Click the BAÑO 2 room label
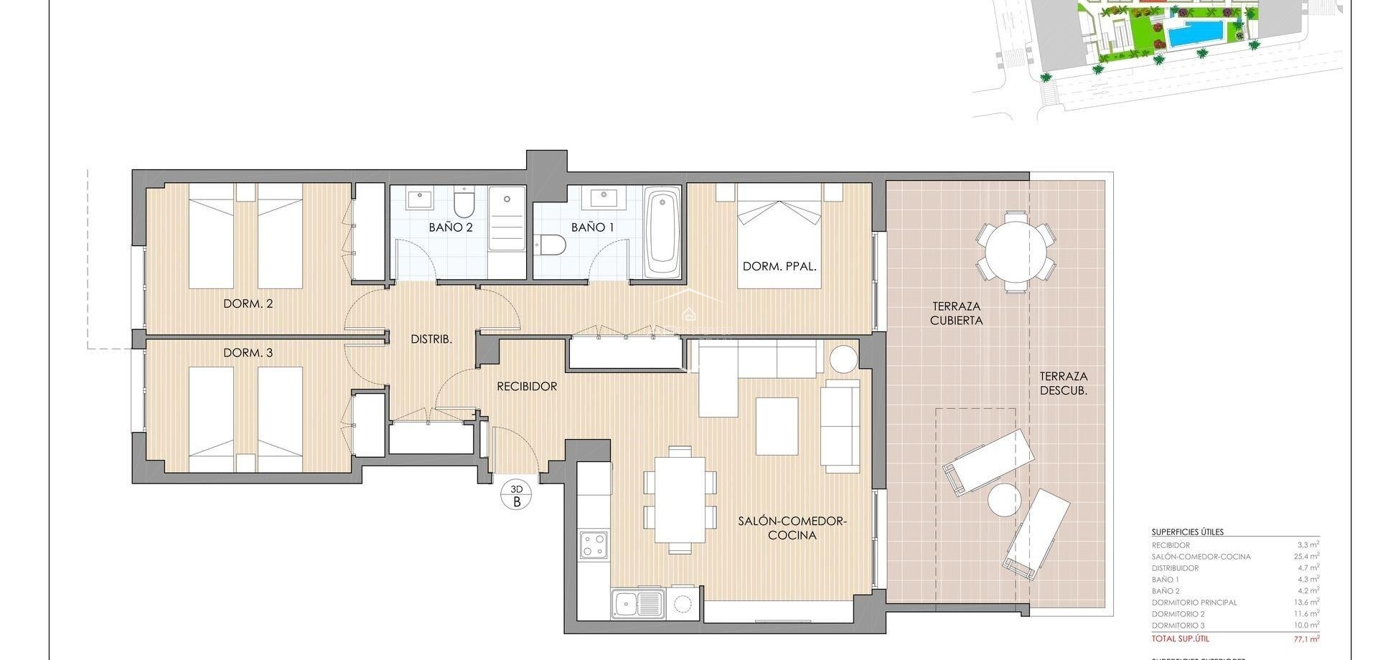click(x=451, y=227)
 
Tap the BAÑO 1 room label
click(x=593, y=227)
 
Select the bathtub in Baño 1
click(x=662, y=232)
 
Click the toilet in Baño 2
click(x=465, y=203)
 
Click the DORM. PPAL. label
click(x=779, y=266)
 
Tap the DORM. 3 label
click(x=248, y=353)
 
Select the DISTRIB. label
click(x=431, y=339)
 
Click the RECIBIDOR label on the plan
click(x=527, y=387)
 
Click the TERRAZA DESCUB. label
click(x=1064, y=383)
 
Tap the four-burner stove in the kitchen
click(x=594, y=544)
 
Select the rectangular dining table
click(x=680, y=499)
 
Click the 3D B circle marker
click(x=516, y=495)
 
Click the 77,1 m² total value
click(x=1306, y=638)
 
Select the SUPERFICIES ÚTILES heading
click(x=1187, y=532)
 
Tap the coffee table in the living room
click(x=777, y=426)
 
